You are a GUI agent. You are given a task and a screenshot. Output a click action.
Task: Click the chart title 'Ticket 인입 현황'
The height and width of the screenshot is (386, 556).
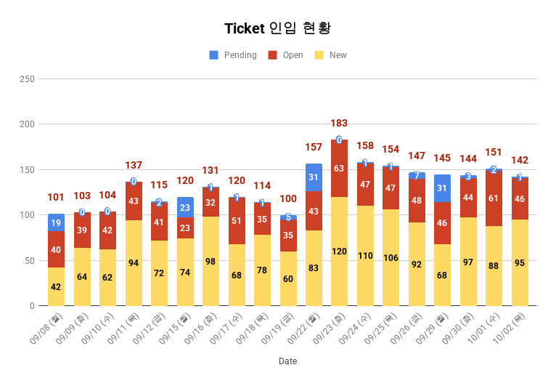coord(278,28)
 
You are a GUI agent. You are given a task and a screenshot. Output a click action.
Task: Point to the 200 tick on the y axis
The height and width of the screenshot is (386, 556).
coord(27,124)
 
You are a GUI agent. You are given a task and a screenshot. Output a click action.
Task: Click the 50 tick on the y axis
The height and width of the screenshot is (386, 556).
coord(29,260)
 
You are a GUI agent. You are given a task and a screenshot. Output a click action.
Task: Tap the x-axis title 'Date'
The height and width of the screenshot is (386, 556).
coord(287,361)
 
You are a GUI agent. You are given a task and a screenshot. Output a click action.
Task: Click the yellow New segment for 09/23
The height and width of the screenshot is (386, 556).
coord(340,252)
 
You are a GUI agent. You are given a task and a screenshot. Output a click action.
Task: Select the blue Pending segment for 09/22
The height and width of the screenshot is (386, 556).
coord(314,177)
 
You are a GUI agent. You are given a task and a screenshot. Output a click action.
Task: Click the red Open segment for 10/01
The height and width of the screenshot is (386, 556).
coord(494,198)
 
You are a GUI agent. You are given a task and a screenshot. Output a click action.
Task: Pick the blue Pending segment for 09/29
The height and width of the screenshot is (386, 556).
coord(443,188)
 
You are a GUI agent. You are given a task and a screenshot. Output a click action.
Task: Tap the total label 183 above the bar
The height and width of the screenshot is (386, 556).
coord(340,124)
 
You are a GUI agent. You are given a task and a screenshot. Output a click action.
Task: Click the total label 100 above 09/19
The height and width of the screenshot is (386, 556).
coord(288,198)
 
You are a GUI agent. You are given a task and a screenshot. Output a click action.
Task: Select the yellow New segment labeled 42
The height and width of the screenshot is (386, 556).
coord(56,286)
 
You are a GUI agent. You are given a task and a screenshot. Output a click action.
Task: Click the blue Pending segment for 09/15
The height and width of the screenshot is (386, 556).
coord(185,207)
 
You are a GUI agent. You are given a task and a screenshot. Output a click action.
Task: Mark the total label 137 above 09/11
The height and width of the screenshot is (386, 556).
coord(134,166)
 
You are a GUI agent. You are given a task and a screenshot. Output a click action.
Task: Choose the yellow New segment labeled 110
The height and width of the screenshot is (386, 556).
coord(365,256)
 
